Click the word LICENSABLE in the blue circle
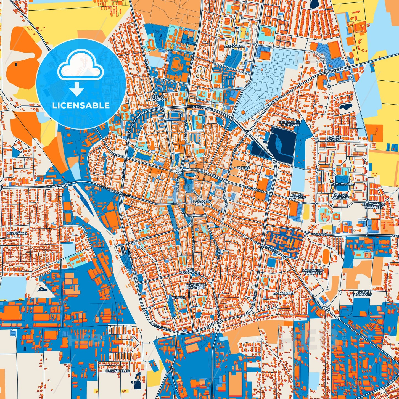(x=81, y=105)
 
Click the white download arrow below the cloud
(x=77, y=89)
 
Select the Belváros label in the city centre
(x=198, y=202)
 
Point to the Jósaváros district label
(x=235, y=46)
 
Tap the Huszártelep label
(x=118, y=371)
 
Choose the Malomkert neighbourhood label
(x=284, y=293)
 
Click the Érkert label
(x=178, y=298)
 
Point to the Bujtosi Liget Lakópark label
(x=290, y=123)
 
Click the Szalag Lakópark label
(x=334, y=139)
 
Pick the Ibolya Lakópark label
(x=297, y=196)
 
